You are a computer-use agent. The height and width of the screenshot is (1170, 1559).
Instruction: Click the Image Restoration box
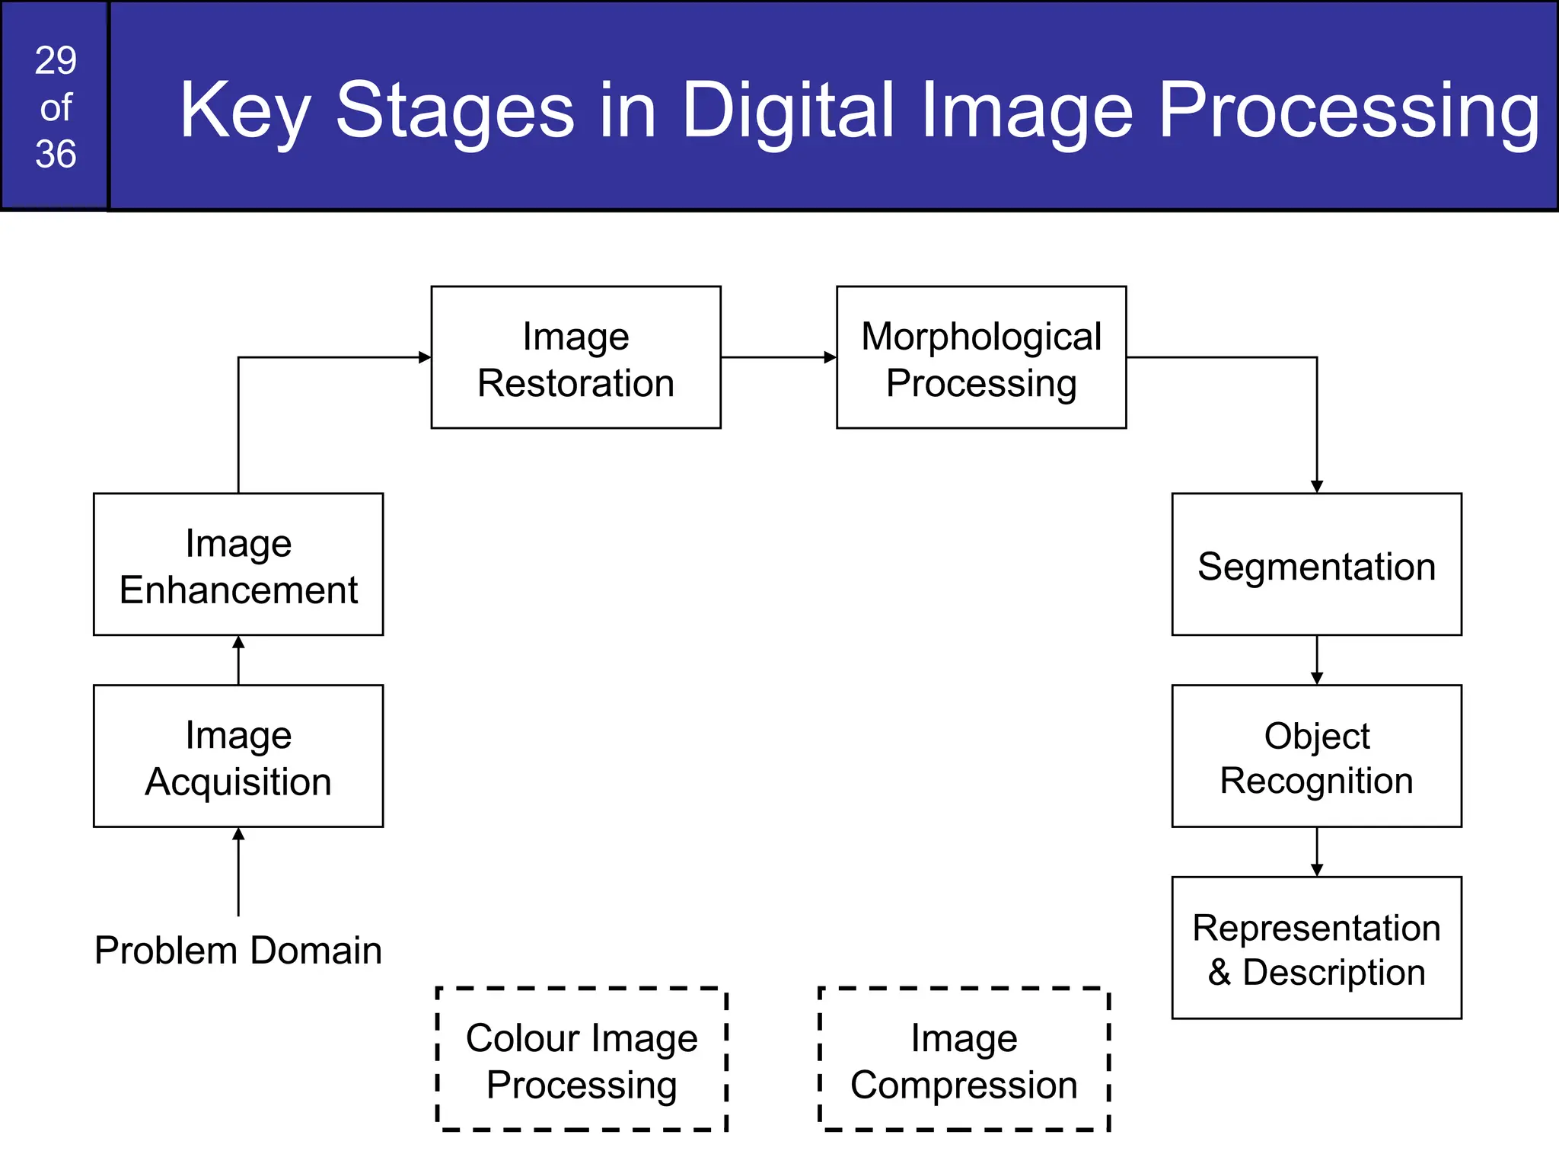(575, 357)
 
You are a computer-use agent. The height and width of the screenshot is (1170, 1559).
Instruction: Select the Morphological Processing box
(980, 357)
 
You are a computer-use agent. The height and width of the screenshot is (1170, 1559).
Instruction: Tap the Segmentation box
(1316, 564)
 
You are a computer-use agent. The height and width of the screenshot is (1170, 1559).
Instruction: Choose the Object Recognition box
(1316, 756)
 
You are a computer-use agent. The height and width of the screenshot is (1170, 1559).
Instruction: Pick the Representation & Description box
(1316, 948)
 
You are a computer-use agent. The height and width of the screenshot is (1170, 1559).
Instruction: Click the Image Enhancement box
(238, 564)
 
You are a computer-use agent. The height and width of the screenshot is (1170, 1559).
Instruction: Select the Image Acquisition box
(238, 756)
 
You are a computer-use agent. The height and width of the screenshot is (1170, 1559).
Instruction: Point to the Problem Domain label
(238, 951)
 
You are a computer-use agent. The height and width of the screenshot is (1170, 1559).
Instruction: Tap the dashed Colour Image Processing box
(582, 1060)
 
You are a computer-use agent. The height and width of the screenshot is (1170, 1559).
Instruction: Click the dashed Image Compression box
(964, 1060)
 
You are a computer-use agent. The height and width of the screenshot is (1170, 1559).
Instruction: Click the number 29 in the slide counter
(56, 61)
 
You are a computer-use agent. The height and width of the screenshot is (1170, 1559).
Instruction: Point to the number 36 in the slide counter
(56, 154)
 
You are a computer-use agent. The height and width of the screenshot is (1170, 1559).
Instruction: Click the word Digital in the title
(787, 110)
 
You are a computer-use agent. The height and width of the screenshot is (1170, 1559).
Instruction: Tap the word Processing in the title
(1348, 110)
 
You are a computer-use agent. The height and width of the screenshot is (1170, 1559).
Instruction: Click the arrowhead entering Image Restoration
(425, 357)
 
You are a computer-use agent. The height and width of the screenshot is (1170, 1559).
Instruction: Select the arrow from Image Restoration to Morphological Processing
(778, 357)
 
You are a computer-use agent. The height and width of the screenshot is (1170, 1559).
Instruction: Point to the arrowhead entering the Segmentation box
(1317, 487)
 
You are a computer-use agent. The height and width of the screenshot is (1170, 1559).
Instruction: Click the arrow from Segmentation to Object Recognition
(1317, 660)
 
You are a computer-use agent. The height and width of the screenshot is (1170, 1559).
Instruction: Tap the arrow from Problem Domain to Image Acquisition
(238, 872)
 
